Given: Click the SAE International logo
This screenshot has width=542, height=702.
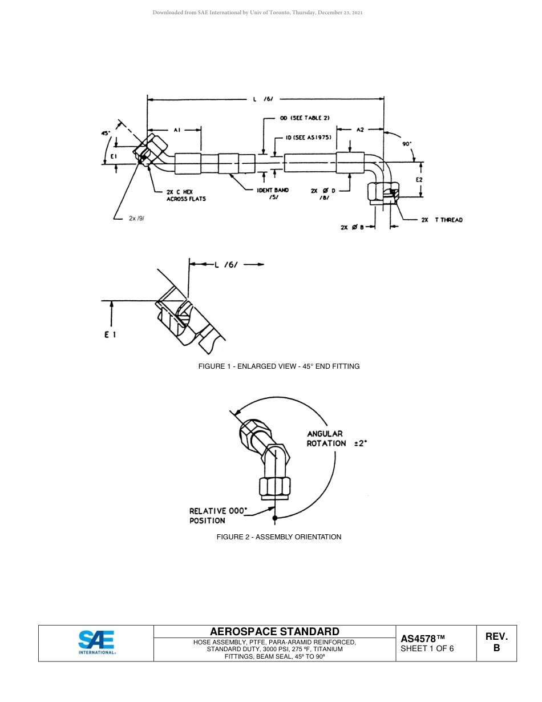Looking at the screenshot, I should click(x=96, y=643).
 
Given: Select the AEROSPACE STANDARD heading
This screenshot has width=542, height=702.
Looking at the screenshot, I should click(x=274, y=631).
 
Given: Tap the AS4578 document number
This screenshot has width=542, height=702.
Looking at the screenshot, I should click(x=423, y=639).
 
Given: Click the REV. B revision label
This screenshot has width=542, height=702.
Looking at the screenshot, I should click(x=496, y=642).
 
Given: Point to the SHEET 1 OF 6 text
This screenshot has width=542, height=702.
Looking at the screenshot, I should click(x=427, y=648).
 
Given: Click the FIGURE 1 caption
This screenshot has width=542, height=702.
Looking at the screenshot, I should click(x=279, y=366).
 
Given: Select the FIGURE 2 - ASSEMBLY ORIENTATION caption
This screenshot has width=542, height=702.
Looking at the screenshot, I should click(x=279, y=536).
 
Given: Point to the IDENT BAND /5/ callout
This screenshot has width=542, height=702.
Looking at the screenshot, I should click(x=273, y=193).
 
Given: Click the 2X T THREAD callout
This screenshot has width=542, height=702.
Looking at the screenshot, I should click(x=442, y=220).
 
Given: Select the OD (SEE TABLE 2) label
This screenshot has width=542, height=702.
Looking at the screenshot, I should click(x=304, y=118).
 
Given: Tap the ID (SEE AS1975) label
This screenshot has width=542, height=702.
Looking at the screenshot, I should click(x=309, y=138).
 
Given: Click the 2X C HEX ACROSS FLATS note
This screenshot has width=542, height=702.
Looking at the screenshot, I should click(x=186, y=195).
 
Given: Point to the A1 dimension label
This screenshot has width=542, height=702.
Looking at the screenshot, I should click(x=177, y=130).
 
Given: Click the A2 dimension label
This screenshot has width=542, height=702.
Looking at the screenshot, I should click(x=360, y=130).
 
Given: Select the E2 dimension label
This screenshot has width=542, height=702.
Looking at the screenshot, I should click(x=419, y=179).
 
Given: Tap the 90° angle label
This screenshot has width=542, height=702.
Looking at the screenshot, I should click(x=407, y=144).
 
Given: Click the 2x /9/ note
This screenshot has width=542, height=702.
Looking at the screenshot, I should click(x=136, y=218).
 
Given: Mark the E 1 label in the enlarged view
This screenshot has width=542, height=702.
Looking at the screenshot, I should click(x=110, y=334).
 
